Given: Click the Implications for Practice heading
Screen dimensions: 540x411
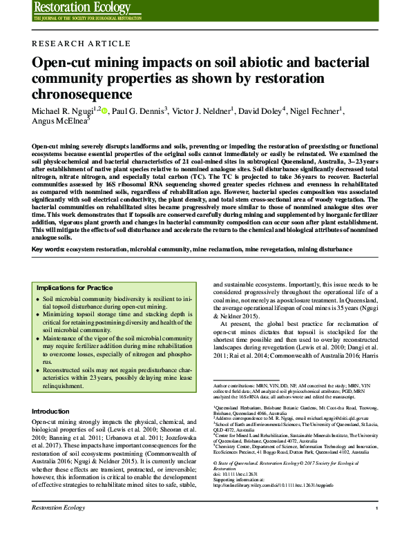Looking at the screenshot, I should [75, 287].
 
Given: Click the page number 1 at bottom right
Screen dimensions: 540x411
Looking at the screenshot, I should [376, 527].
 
